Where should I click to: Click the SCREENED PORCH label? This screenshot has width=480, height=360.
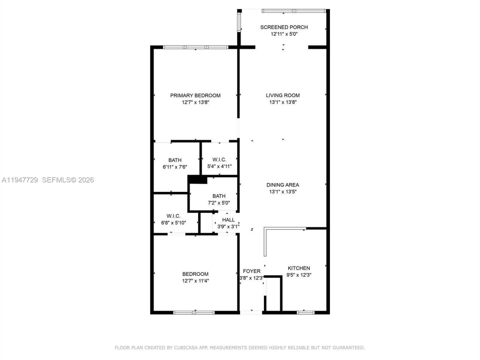284,27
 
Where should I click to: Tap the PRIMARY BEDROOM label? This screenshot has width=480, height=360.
195,95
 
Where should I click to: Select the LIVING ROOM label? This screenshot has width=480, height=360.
283,95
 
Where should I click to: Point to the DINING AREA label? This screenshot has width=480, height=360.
283,185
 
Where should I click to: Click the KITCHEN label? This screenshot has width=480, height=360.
298,268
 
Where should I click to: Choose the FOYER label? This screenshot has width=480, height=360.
251,271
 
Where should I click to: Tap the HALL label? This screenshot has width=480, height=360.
228,220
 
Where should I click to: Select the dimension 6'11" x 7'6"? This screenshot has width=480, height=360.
175,167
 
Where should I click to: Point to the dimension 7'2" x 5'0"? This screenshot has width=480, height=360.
219,203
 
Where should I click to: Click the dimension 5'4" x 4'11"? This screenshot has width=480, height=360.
219,166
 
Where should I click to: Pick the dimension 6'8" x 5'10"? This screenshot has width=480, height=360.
174,223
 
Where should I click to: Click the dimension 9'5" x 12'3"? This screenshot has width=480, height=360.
298,275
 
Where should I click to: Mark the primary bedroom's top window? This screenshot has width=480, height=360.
195,47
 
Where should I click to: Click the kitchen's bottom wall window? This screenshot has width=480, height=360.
306,312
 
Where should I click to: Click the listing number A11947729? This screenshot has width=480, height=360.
20,180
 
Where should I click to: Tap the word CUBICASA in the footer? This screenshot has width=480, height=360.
183,348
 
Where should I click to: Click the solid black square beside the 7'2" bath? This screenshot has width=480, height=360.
198,180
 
